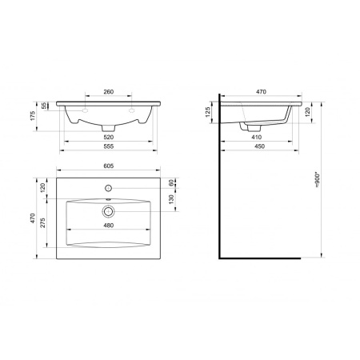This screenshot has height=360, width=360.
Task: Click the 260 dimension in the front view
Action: (x=108, y=92)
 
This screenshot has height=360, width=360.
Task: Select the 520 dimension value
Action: (x=108, y=138)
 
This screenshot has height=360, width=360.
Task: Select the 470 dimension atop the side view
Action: (x=260, y=92)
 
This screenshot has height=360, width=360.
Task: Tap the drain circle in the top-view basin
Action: (x=108, y=211)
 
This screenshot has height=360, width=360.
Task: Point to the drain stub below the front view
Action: (x=108, y=128)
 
